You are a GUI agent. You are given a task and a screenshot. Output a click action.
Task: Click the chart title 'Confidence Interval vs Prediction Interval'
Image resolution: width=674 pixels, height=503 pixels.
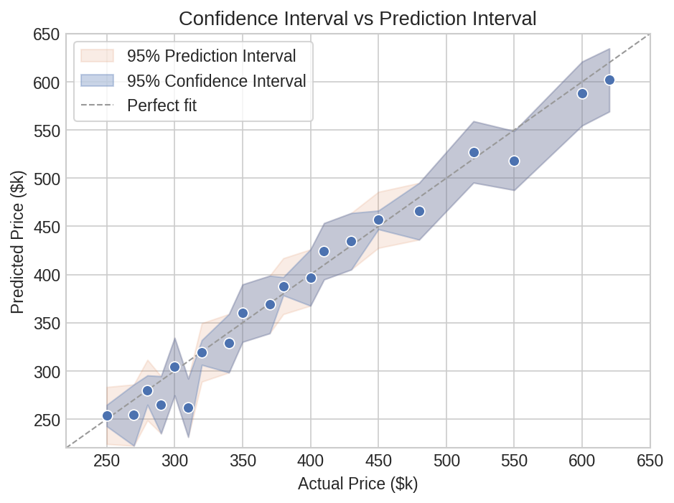[x=357, y=19]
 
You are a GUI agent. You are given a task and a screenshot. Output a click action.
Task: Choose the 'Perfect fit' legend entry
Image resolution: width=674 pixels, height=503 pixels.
[x=162, y=105]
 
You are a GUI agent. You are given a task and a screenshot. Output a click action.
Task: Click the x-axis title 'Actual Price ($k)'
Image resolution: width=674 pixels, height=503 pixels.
[x=357, y=484]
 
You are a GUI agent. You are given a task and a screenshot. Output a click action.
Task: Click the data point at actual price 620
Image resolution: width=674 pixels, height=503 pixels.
[x=609, y=80]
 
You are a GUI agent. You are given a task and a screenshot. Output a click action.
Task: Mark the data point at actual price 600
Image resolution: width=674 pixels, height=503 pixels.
[x=582, y=94]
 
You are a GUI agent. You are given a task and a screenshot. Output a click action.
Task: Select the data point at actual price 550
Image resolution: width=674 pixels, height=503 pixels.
[x=514, y=161]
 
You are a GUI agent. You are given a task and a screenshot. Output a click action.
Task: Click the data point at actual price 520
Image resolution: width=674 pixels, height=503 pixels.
[x=474, y=152]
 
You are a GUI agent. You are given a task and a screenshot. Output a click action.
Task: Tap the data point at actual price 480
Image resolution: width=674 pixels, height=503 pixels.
[x=419, y=212]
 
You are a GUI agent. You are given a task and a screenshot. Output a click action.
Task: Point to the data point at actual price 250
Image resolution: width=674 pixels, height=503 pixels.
[x=107, y=415]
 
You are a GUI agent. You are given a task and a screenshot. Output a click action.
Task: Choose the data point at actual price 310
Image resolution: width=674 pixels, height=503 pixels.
[x=188, y=408]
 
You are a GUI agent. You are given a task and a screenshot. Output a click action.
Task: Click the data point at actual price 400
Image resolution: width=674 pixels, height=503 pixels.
[x=311, y=278]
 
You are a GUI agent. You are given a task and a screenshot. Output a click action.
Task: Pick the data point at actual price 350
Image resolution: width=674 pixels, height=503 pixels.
[x=243, y=313]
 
